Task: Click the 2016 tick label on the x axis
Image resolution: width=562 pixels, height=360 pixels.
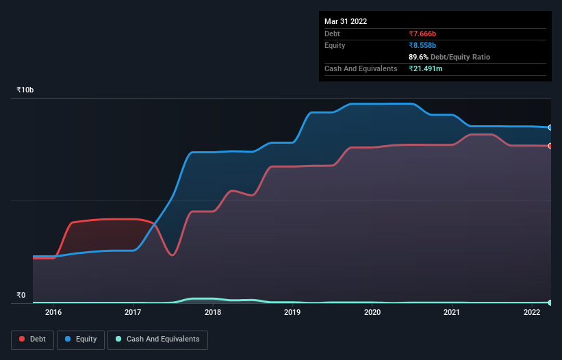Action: click(53, 313)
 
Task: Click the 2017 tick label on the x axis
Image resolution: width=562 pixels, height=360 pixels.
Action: click(133, 313)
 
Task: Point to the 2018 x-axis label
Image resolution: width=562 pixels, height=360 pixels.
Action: click(213, 313)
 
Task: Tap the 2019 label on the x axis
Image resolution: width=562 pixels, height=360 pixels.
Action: click(292, 313)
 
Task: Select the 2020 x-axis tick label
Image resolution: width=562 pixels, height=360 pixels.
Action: click(372, 313)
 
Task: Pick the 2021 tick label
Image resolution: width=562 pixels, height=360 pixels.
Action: click(452, 313)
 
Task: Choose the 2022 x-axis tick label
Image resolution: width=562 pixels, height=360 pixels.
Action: click(532, 313)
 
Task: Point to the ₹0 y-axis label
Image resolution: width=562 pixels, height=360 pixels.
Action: click(21, 296)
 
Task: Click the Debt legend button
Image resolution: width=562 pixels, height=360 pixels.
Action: click(31, 339)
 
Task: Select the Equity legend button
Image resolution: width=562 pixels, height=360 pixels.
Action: click(81, 339)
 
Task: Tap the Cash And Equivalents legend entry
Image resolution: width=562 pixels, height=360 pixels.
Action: click(157, 339)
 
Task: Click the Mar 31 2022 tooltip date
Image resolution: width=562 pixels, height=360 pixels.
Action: click(346, 21)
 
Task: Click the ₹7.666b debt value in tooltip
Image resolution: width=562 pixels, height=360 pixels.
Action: click(422, 34)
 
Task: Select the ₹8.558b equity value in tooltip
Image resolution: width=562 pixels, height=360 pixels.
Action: click(422, 45)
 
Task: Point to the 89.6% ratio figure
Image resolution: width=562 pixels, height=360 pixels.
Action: click(420, 57)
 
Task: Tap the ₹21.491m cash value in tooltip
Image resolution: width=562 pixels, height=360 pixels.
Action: click(426, 68)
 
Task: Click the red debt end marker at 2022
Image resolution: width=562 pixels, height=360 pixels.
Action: click(550, 146)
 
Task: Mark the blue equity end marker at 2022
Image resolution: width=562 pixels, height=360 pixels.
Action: click(550, 128)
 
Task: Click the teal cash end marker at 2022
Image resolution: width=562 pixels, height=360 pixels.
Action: click(550, 303)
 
